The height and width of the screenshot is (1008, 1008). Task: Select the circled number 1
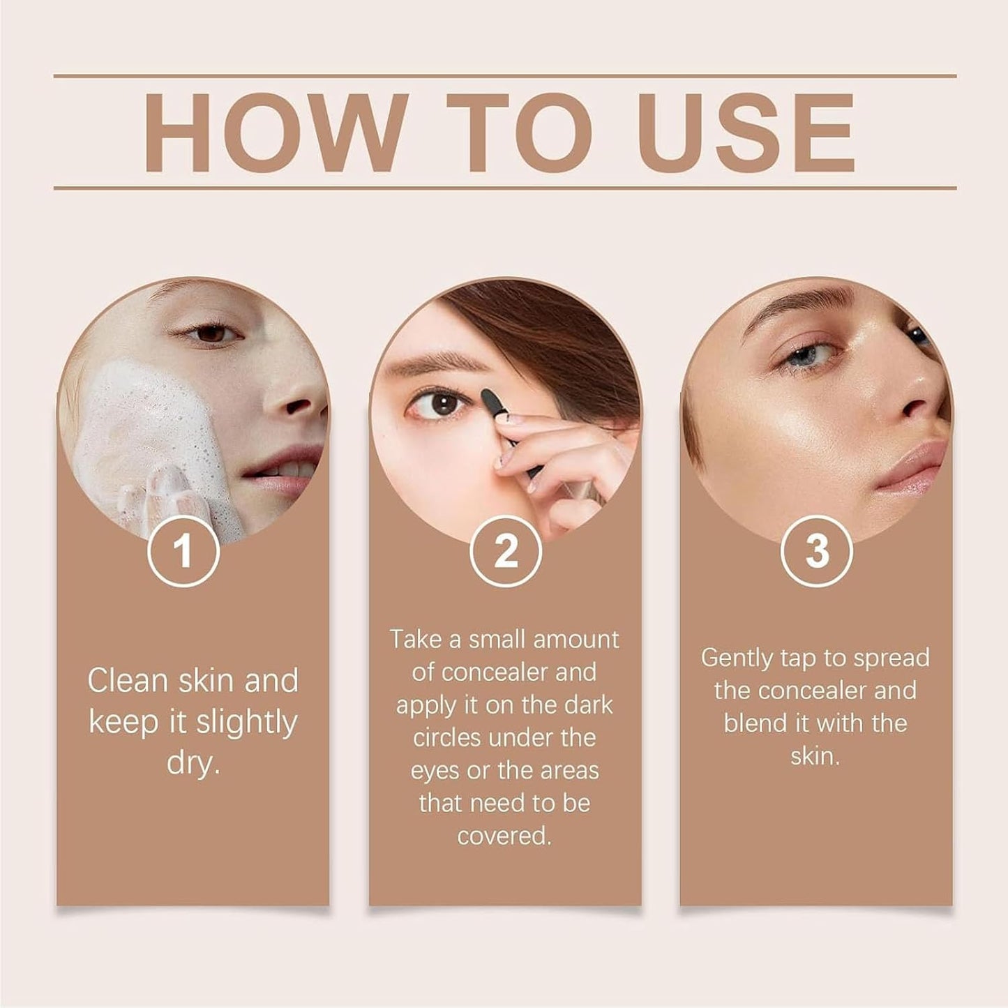(183, 551)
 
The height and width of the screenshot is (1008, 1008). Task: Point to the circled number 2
(506, 551)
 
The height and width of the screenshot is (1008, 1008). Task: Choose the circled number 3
(816, 551)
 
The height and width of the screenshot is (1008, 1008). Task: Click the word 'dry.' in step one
(193, 763)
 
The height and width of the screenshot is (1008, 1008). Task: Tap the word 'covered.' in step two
(504, 836)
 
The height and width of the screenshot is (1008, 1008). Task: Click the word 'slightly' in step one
(246, 723)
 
